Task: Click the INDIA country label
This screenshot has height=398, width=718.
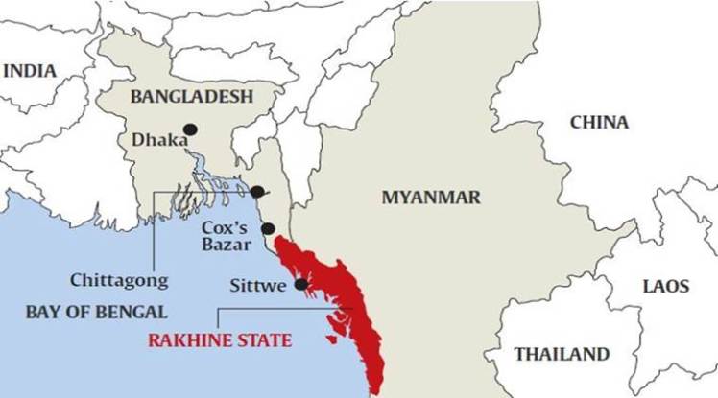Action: pyautogui.click(x=31, y=71)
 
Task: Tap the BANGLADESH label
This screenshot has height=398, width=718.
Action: pyautogui.click(x=191, y=97)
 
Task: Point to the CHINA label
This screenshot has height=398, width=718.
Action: pyautogui.click(x=599, y=123)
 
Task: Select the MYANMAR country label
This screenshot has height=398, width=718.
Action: pyautogui.click(x=431, y=198)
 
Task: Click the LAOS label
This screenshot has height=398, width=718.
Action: pyautogui.click(x=665, y=286)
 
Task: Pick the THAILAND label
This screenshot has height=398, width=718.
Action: pyautogui.click(x=562, y=353)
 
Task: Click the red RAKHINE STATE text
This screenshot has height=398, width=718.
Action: pyautogui.click(x=220, y=340)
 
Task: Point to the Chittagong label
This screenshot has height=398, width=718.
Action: pyautogui.click(x=119, y=281)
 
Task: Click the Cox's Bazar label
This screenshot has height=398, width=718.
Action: pyautogui.click(x=227, y=239)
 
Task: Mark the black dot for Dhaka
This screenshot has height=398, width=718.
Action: pyautogui.click(x=191, y=129)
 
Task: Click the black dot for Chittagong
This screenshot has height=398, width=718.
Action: pyautogui.click(x=256, y=192)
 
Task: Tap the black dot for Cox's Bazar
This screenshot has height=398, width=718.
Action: pyautogui.click(x=269, y=228)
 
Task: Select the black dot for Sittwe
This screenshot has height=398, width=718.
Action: pyautogui.click(x=300, y=284)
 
